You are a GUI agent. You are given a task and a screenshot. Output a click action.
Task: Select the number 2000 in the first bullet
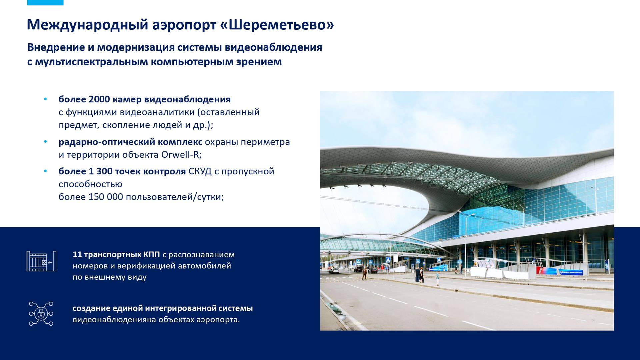pyautogui.click(x=99, y=99)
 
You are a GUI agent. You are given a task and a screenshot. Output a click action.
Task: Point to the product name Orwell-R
pyautogui.click(x=181, y=155)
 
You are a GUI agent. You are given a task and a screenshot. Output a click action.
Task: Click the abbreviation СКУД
pyautogui.click(x=200, y=171)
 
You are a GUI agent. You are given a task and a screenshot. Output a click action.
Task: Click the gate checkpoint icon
pyautogui.click(x=41, y=261)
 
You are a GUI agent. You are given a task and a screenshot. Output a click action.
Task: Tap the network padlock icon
pyautogui.click(x=41, y=314)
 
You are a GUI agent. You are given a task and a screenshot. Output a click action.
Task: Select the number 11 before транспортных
pyautogui.click(x=77, y=255)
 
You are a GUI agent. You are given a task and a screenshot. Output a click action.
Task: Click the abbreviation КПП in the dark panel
pyautogui.click(x=152, y=255)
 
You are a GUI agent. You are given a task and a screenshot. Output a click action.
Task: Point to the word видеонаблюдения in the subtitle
pyautogui.click(x=273, y=48)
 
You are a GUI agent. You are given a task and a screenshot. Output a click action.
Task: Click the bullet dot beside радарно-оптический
pyautogui.click(x=45, y=142)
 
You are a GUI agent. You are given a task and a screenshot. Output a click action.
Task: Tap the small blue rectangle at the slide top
pyautogui.click(x=45, y=3)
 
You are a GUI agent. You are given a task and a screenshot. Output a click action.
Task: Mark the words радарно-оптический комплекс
pyautogui.click(x=130, y=142)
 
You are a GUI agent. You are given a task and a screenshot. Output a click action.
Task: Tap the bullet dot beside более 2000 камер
pyautogui.click(x=45, y=99)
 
